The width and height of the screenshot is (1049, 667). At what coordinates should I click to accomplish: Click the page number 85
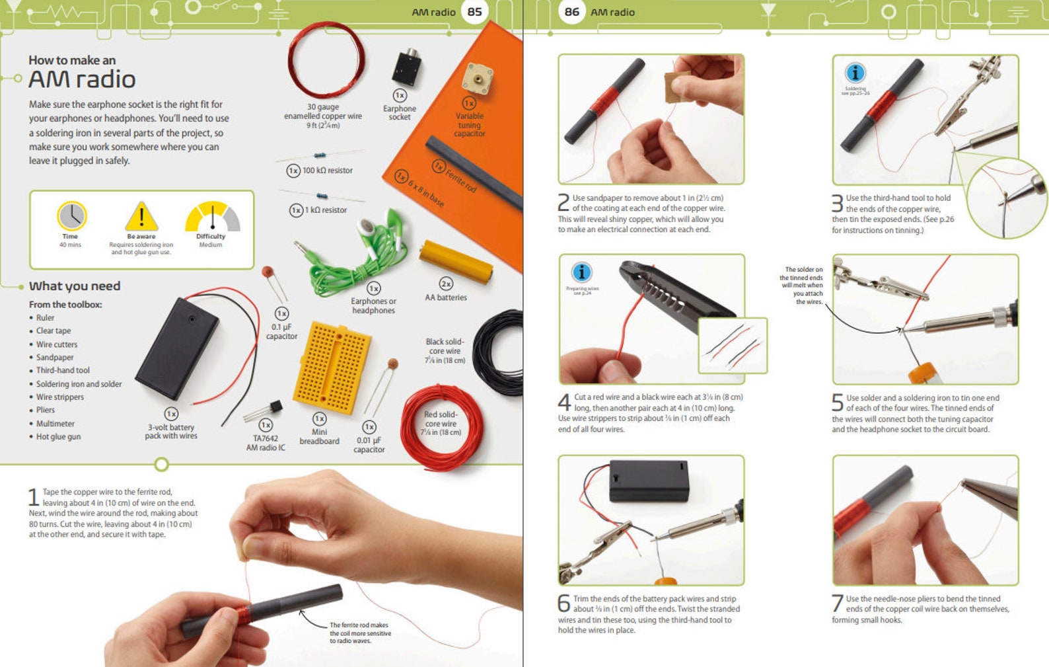[x=474, y=12]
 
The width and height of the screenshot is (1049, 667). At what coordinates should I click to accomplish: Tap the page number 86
[x=572, y=12]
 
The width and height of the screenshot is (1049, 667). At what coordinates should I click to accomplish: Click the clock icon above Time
[x=71, y=216]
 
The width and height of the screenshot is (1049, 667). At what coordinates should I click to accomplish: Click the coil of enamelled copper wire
[x=326, y=60]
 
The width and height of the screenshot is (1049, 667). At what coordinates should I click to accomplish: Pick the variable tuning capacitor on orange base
[x=476, y=79]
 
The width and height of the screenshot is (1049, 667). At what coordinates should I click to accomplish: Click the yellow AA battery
[x=456, y=262]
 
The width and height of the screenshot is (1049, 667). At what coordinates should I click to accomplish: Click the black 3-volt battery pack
[x=177, y=348]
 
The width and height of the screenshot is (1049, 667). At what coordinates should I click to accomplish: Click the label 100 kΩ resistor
[x=327, y=171]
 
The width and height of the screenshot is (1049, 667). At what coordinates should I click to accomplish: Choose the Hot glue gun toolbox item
[x=58, y=436]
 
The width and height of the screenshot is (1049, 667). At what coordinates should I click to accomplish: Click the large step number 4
[x=564, y=402]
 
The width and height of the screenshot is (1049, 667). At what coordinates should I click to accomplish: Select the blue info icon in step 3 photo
[x=855, y=73]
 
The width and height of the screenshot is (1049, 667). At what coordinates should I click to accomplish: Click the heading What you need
[x=75, y=286]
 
